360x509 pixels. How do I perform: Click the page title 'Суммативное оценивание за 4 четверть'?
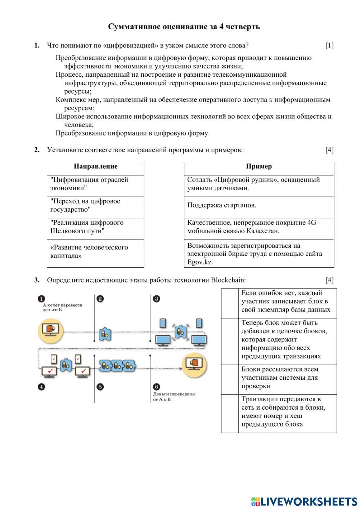pyautogui.click(x=184, y=27)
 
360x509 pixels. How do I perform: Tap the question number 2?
pyautogui.click(x=37, y=150)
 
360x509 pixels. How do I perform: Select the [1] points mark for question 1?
pyautogui.click(x=329, y=45)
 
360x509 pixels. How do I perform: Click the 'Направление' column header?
pyautogui.click(x=95, y=166)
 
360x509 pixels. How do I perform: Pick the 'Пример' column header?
pyautogui.click(x=259, y=166)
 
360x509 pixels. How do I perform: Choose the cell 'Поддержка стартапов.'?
pyautogui.click(x=222, y=205)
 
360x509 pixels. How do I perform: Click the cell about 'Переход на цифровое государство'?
pyautogui.click(x=85, y=205)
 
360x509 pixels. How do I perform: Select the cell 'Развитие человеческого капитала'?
pyautogui.click(x=89, y=251)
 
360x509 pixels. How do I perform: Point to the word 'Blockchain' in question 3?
pyautogui.click(x=228, y=280)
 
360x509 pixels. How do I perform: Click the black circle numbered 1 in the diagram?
pyautogui.click(x=41, y=299)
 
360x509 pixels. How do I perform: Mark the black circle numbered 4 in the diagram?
pyautogui.click(x=41, y=387)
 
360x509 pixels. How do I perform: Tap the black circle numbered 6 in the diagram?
pyautogui.click(x=156, y=387)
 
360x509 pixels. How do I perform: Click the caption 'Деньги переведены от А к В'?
pyautogui.click(x=174, y=397)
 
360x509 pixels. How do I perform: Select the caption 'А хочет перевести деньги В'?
pyautogui.click(x=62, y=307)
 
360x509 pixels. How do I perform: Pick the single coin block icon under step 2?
pyautogui.click(x=105, y=334)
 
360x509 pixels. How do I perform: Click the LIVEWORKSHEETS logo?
pyautogui.click(x=304, y=501)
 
